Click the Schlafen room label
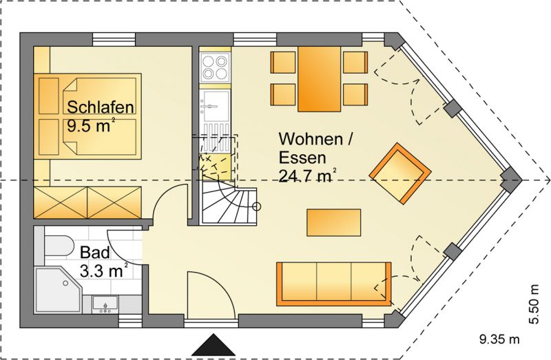click(x=101, y=107)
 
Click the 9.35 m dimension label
click(x=499, y=339)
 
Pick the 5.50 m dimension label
click(x=534, y=304)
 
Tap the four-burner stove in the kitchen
click(x=215, y=67)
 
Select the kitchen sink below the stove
click(x=215, y=106)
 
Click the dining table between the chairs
click(x=320, y=79)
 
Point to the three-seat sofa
click(x=334, y=284)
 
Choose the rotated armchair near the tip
click(x=400, y=173)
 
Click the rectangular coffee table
click(x=334, y=222)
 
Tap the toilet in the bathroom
click(x=58, y=246)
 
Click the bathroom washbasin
click(x=105, y=304)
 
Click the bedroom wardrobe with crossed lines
click(x=87, y=202)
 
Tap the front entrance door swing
click(x=211, y=295)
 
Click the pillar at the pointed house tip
click(x=511, y=180)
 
